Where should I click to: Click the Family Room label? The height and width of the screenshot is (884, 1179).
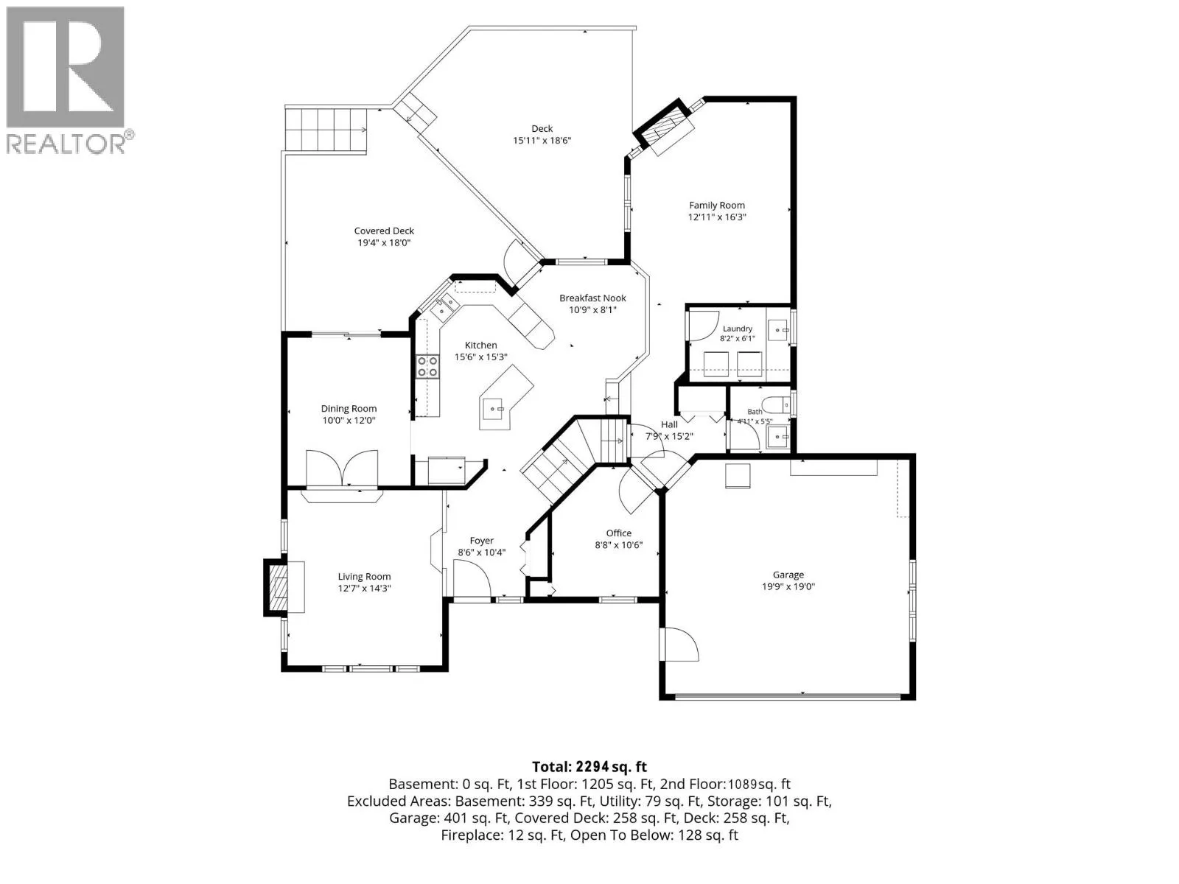(716, 205)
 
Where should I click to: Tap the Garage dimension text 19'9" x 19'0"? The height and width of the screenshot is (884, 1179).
(788, 586)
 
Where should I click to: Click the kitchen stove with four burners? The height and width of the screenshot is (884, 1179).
(427, 367)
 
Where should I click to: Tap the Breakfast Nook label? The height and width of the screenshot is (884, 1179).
(592, 298)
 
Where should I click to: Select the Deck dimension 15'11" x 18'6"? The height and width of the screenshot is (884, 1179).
(542, 141)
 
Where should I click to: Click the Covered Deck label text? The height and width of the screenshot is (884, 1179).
(384, 231)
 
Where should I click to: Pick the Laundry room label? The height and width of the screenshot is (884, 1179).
(738, 329)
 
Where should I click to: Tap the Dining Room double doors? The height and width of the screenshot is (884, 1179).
(342, 468)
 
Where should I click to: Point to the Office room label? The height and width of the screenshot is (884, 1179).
(619, 533)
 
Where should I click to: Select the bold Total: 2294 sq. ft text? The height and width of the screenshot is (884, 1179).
(589, 766)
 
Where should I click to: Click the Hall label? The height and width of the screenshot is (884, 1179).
(669, 424)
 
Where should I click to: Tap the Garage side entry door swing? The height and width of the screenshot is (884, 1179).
(679, 645)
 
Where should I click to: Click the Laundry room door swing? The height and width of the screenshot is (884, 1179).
(704, 326)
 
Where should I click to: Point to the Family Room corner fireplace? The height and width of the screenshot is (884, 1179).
(664, 127)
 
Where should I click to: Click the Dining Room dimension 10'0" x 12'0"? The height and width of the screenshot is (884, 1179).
(349, 420)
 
